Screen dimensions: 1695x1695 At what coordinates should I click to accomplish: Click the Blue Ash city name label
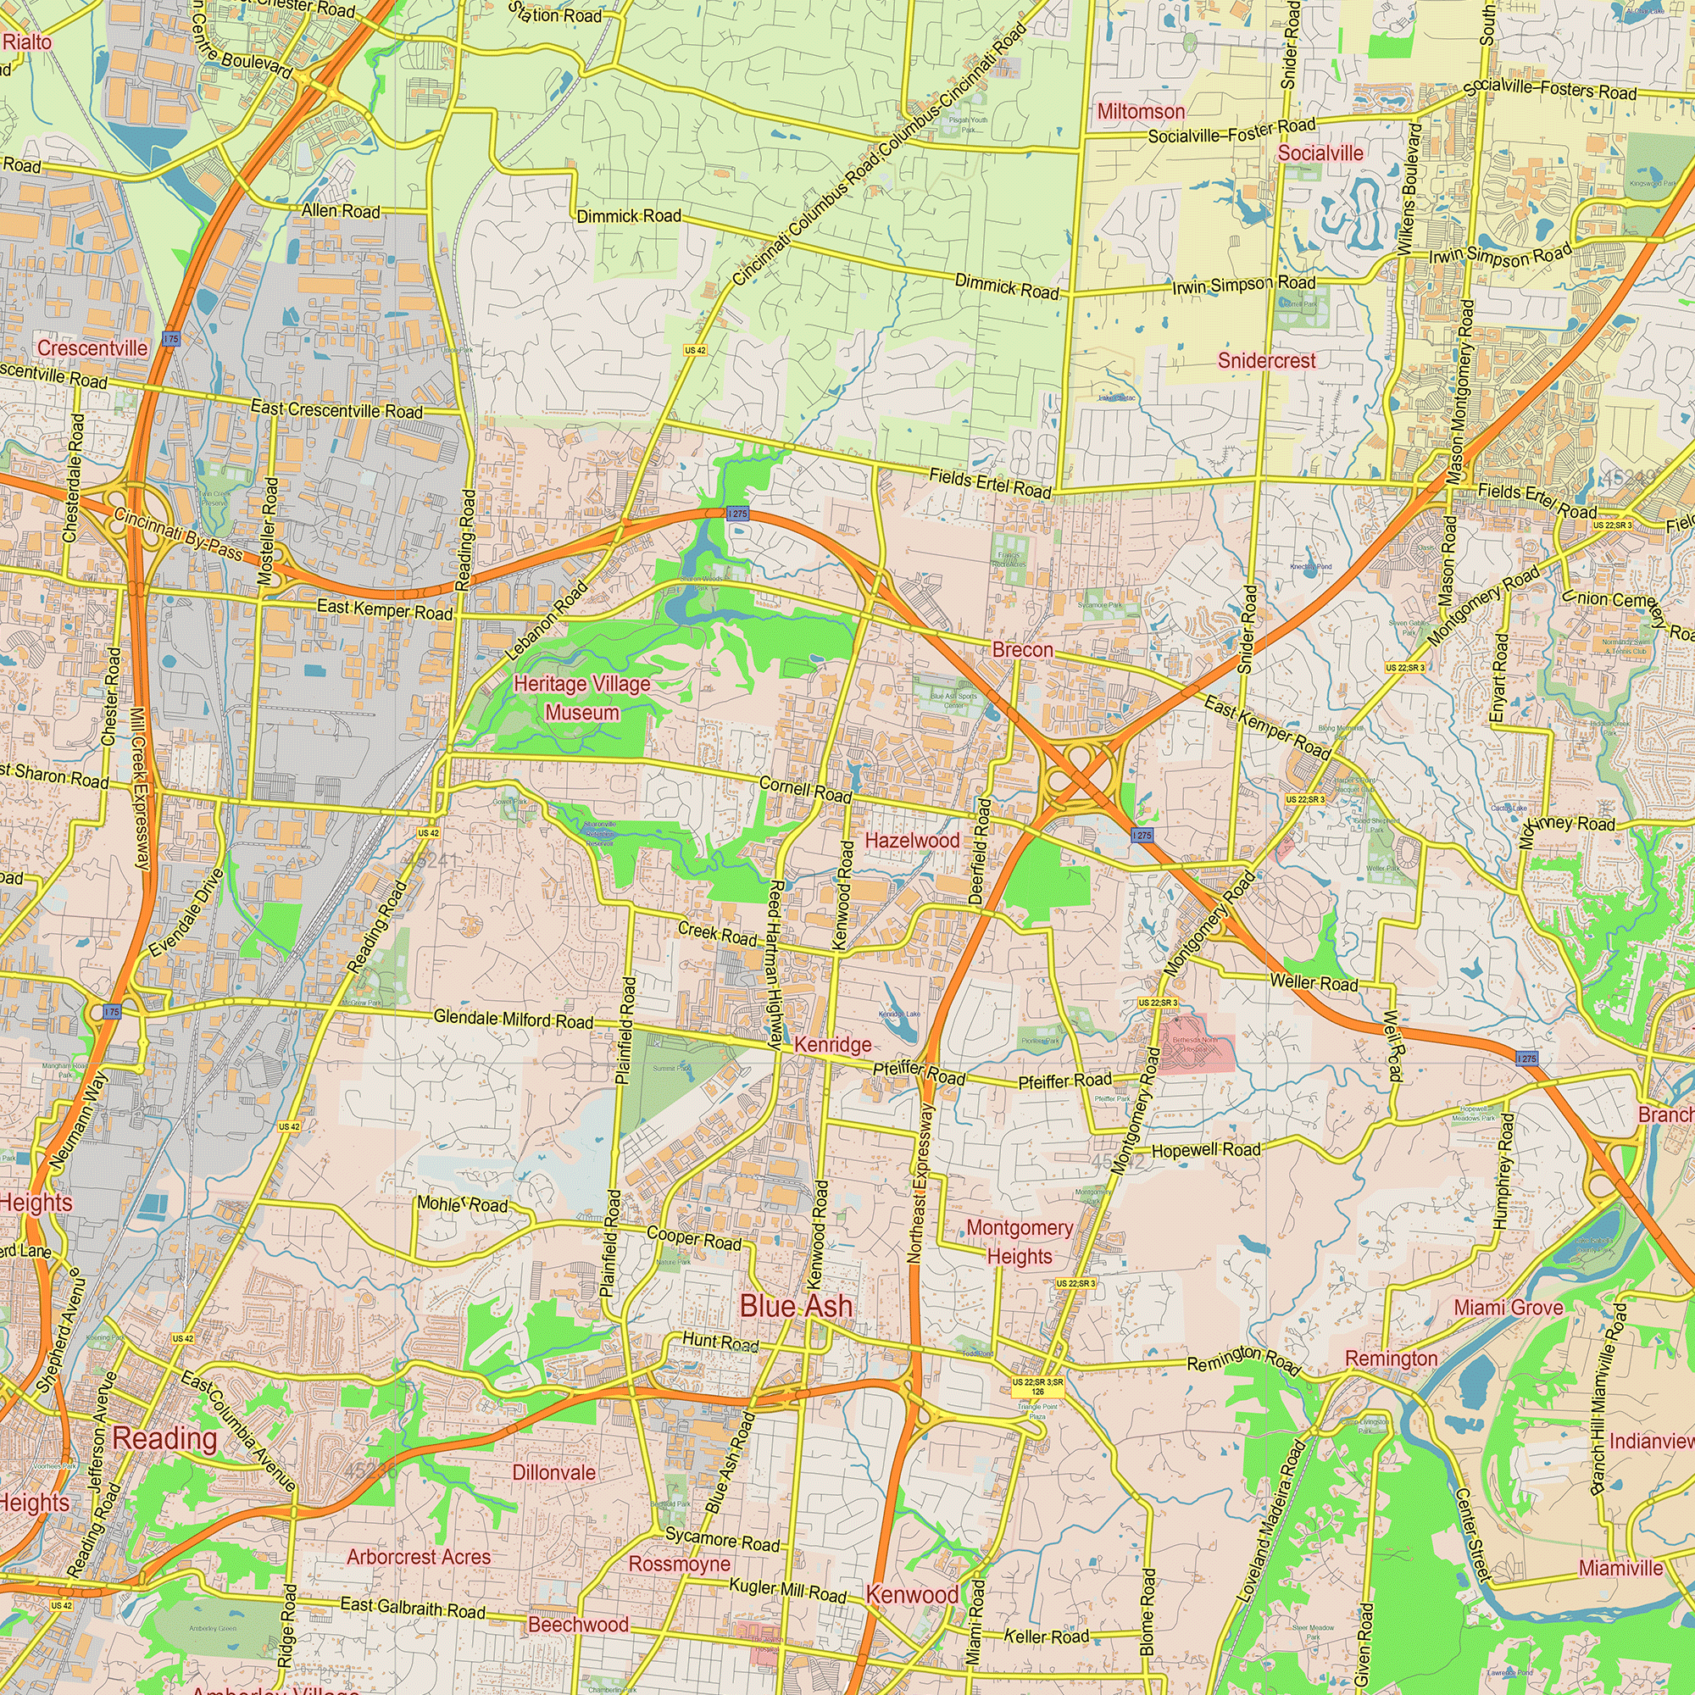(796, 1306)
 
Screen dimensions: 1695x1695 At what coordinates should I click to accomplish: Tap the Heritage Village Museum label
(581, 698)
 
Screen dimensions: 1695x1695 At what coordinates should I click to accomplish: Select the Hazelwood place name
(913, 841)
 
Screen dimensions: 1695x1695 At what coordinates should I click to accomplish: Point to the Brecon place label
(1022, 650)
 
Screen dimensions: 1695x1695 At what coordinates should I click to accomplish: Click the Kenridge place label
(832, 1045)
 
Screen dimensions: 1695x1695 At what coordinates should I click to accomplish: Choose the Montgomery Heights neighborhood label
(1020, 1242)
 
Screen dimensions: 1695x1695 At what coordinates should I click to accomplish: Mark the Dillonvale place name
(553, 1473)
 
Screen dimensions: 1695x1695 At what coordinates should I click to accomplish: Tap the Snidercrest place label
(1266, 360)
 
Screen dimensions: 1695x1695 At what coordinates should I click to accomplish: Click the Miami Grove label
(1509, 1308)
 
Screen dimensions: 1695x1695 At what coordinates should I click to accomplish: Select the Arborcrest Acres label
(419, 1557)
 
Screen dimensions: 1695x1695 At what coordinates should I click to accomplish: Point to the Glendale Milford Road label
(514, 1019)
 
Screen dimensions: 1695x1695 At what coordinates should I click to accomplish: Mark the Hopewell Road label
(1205, 1150)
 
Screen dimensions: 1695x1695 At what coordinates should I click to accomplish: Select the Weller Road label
(1314, 981)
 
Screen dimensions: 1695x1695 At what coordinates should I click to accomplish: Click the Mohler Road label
(463, 1203)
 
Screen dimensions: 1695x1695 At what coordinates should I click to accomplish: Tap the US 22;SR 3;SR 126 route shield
(1037, 1387)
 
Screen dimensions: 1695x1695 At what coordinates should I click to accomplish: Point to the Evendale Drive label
(186, 914)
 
